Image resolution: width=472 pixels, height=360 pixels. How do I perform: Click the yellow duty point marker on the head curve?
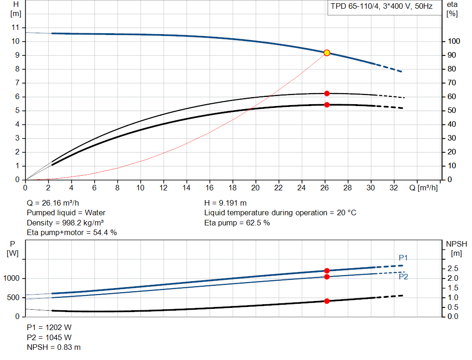click(327, 53)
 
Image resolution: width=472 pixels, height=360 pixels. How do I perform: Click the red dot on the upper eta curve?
click(327, 94)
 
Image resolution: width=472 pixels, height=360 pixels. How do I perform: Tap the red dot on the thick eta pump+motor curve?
click(327, 105)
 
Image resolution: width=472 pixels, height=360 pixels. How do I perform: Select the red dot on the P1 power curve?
click(327, 271)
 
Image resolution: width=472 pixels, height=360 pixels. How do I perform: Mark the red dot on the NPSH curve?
click(327, 301)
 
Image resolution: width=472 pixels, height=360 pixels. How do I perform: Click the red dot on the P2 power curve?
click(327, 277)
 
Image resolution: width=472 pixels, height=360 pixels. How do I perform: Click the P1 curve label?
click(403, 258)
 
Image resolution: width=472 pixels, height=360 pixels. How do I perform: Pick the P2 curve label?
click(403, 277)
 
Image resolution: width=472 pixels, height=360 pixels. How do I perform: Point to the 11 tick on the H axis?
click(15, 28)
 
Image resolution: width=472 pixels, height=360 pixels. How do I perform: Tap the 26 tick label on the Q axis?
click(324, 188)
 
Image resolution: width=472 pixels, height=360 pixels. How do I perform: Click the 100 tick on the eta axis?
click(454, 41)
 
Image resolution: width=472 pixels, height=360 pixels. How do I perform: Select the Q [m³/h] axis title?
click(423, 188)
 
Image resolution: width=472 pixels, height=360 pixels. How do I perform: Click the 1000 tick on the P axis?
click(12, 278)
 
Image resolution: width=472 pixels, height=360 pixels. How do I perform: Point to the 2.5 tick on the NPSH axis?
click(453, 268)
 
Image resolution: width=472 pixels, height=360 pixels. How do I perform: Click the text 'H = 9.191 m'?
click(225, 203)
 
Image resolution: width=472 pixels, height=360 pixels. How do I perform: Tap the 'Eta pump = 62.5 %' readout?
click(237, 223)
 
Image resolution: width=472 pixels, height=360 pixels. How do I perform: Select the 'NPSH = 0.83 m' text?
click(53, 348)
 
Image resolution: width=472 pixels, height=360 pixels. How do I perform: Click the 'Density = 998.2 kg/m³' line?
click(65, 223)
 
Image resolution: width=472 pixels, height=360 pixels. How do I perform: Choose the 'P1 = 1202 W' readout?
click(49, 327)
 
